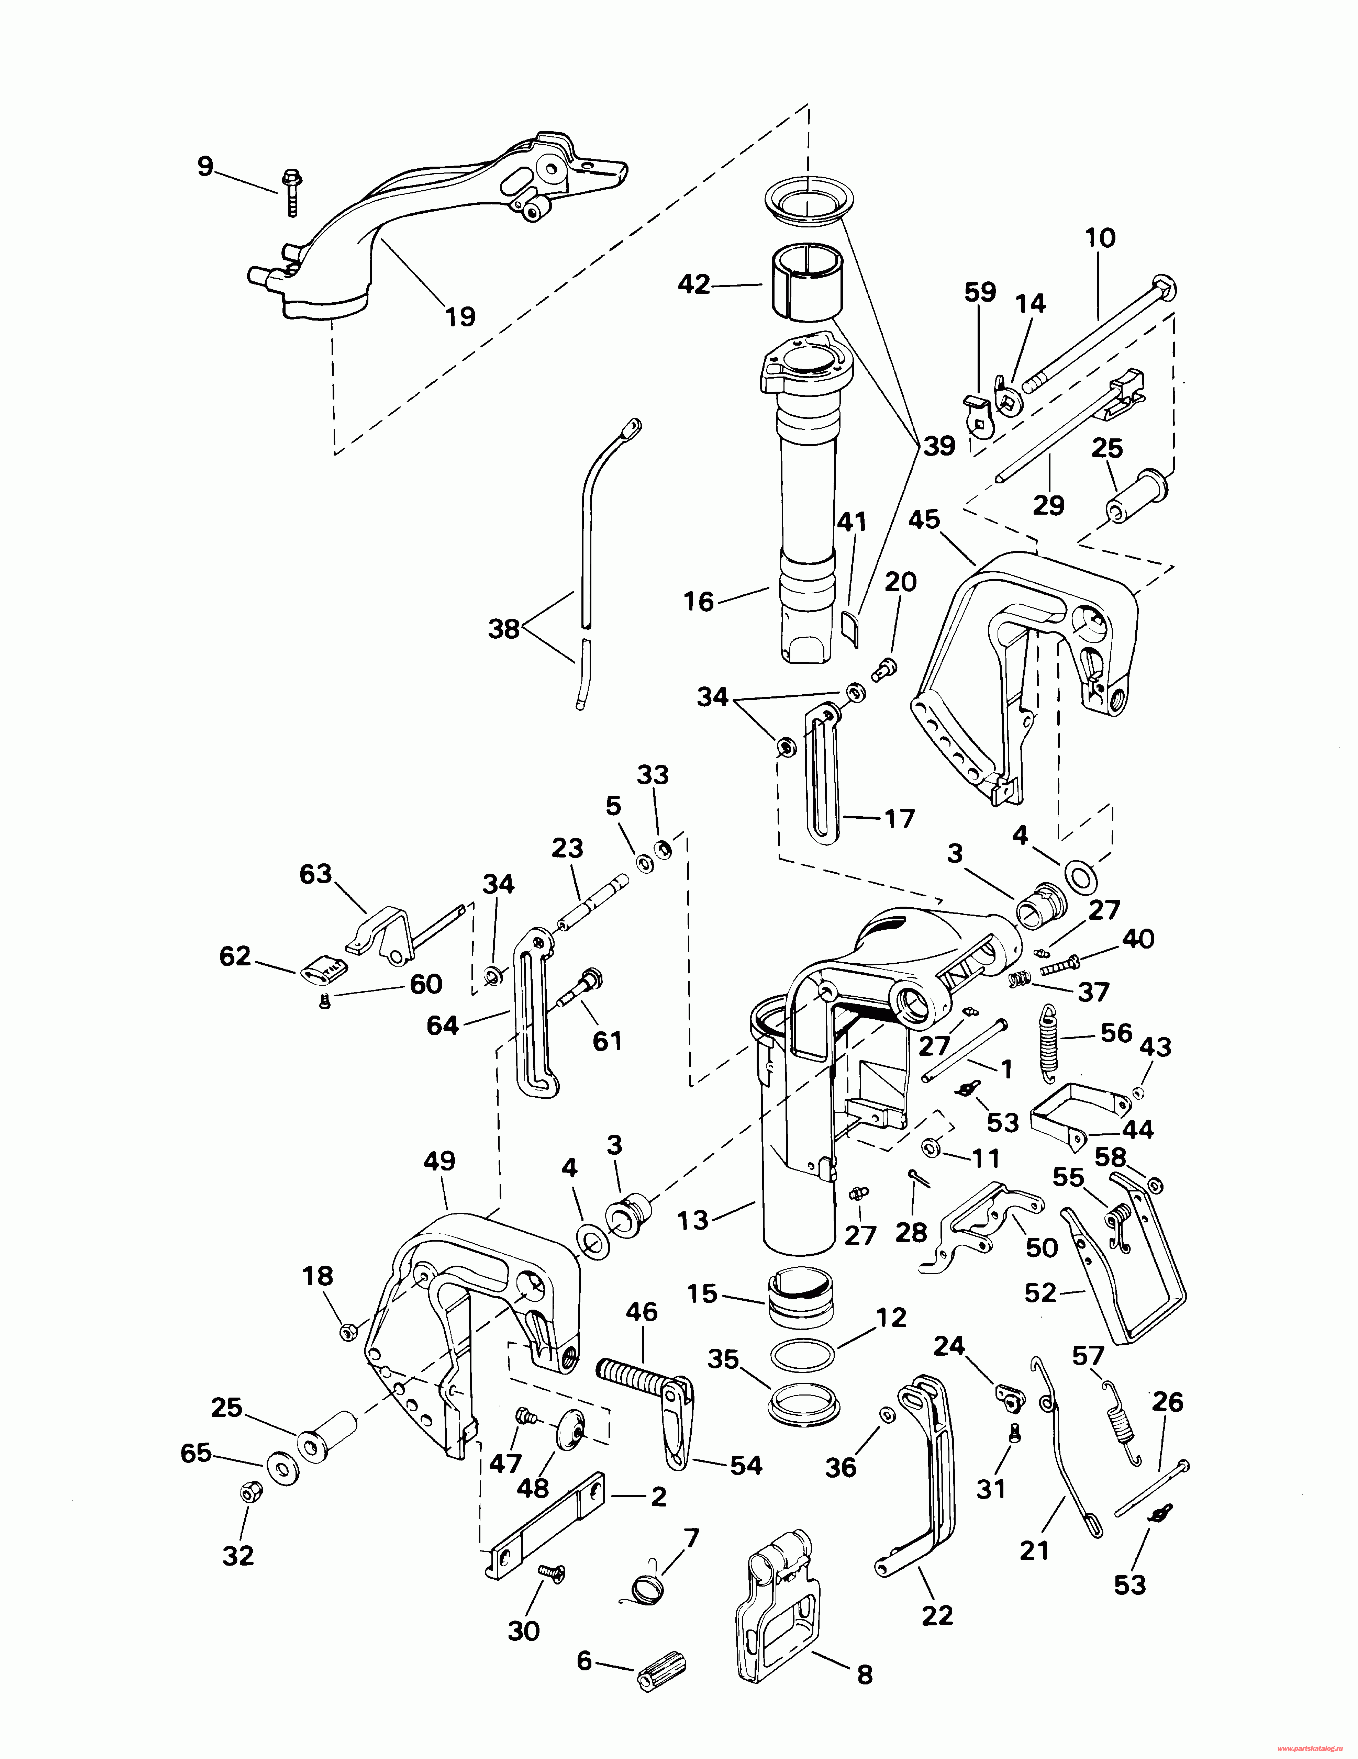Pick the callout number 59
pos(980,292)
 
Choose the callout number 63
pos(316,874)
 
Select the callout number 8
pos(864,1675)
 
